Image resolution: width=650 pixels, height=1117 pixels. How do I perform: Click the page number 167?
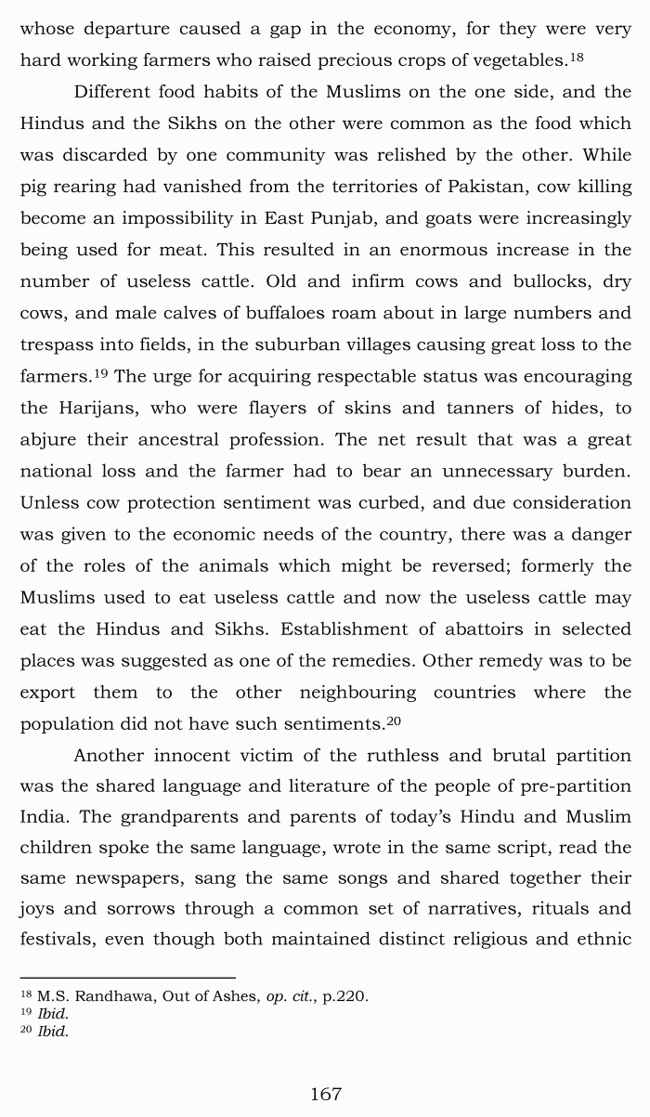coord(325,1094)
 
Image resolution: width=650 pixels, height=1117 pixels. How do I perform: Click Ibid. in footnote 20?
coord(53,1032)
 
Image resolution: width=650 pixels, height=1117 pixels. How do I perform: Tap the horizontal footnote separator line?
coord(127,977)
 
